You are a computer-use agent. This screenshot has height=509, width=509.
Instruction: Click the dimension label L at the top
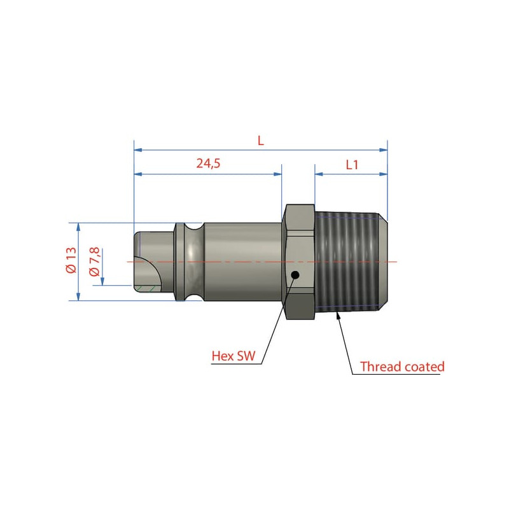[261, 141]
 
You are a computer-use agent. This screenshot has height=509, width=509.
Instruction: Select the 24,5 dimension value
[208, 163]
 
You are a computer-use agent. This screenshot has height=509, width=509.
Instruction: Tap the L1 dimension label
[352, 165]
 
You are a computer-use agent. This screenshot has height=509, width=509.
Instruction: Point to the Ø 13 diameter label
[71, 260]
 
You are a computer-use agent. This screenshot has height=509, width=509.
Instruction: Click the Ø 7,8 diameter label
[94, 261]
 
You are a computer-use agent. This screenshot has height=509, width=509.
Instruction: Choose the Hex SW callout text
[234, 356]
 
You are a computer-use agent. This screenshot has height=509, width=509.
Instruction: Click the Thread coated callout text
[402, 366]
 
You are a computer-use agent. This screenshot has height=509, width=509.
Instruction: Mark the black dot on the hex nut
[295, 275]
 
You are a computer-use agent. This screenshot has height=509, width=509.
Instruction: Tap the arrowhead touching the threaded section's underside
[338, 315]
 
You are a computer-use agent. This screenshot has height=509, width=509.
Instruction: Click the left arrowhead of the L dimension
[138, 150]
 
